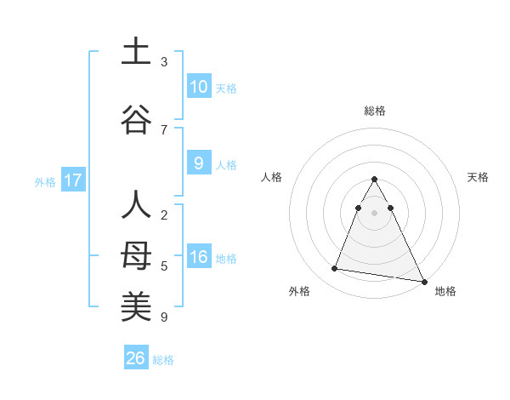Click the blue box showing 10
click(198, 87)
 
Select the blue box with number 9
click(198, 164)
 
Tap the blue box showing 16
click(198, 258)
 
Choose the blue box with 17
click(73, 180)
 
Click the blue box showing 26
click(136, 358)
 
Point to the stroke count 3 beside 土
click(164, 62)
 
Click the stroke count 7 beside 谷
click(164, 129)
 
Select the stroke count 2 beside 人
click(164, 215)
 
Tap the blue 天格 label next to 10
click(226, 89)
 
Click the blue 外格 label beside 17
click(45, 182)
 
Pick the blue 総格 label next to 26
click(163, 360)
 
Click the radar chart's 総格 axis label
click(375, 111)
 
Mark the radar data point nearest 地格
click(424, 281)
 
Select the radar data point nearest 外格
click(335, 269)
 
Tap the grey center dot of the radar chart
click(375, 212)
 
